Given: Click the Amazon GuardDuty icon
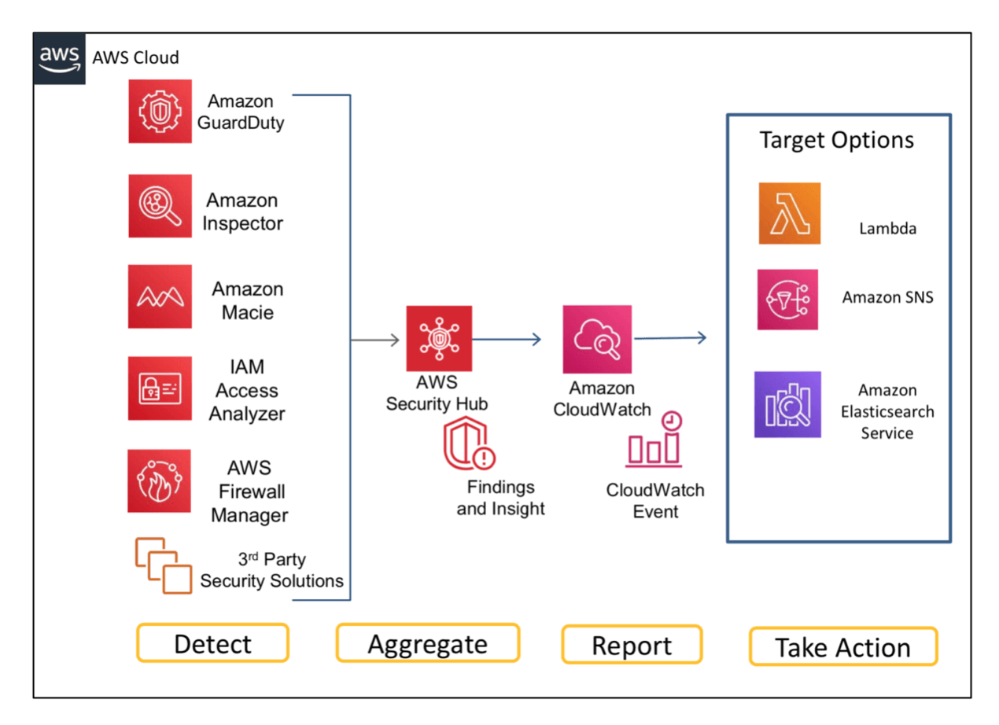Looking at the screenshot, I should coord(160,111).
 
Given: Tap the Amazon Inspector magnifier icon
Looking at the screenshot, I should coord(160,206).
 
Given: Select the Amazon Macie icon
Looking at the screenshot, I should coord(160,296).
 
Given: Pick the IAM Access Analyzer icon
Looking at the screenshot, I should coord(160,388).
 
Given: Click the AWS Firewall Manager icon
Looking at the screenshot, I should coord(160,480).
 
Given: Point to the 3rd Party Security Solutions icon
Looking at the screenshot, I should coord(163,565).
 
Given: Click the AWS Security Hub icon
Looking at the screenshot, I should coord(439,338).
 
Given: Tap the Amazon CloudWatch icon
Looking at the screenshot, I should coord(597,339).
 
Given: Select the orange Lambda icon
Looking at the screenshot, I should coord(789,213).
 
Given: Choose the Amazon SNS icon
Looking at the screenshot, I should coord(787,300).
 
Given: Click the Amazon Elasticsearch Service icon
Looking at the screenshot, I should coord(787,404).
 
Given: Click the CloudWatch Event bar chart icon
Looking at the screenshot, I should coord(654,440).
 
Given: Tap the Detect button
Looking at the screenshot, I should coord(212,643).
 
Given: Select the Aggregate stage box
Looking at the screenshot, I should coord(428,643).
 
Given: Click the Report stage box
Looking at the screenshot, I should coord(632,645).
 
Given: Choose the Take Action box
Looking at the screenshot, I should coord(842,646).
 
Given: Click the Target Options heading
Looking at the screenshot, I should coord(837,140).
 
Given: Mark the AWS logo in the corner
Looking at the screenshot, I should coord(60,58).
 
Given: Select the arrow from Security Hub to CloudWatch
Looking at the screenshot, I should coord(507,339).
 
